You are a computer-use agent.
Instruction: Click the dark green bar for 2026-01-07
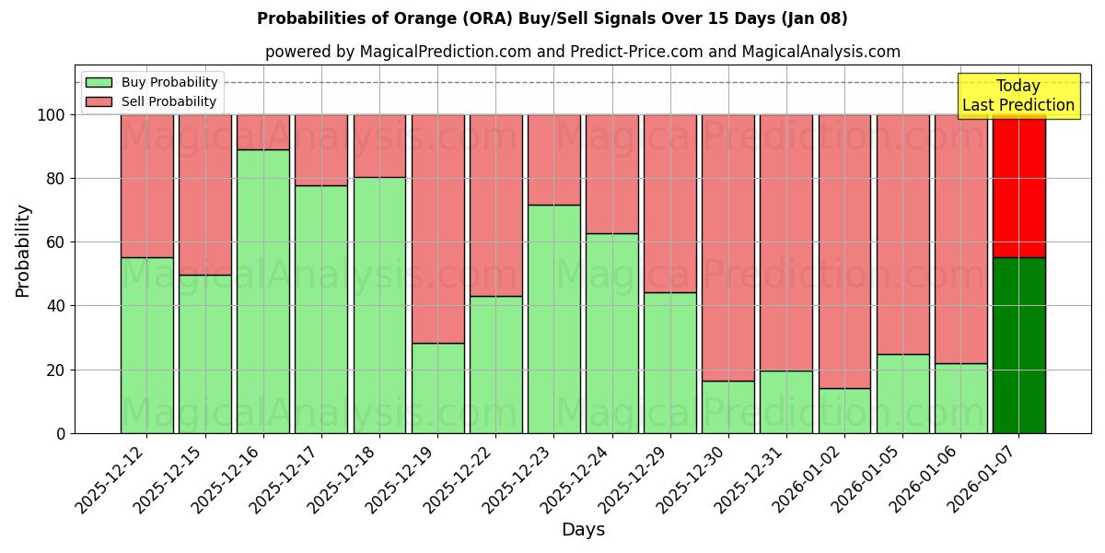(x=1018, y=345)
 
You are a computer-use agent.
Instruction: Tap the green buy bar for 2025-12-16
(x=263, y=291)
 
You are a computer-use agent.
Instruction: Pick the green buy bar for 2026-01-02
(x=844, y=410)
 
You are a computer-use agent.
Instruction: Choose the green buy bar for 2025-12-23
(x=554, y=319)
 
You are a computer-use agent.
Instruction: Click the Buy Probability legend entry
(x=151, y=82)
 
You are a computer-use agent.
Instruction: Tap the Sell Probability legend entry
(x=151, y=101)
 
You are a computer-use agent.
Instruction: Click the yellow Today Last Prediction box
(x=1018, y=96)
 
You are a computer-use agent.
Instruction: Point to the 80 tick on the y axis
(x=56, y=179)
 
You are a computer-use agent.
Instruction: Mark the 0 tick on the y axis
(x=61, y=433)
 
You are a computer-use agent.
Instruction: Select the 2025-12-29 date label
(x=634, y=478)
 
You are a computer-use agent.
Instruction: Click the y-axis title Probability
(x=23, y=250)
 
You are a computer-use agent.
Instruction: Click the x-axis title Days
(x=583, y=530)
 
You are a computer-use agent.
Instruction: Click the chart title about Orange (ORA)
(x=552, y=18)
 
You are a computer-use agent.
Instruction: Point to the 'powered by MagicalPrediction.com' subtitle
(x=582, y=52)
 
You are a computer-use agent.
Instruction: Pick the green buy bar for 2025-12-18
(x=379, y=305)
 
